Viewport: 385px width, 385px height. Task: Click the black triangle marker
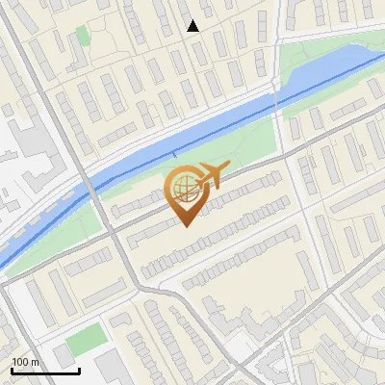(x=192, y=26)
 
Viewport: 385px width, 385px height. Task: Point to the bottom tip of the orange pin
(x=185, y=226)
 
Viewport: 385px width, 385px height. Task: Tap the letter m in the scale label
(x=36, y=362)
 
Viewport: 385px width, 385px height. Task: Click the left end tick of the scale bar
(x=11, y=369)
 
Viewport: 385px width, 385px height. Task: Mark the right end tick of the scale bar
(x=79, y=369)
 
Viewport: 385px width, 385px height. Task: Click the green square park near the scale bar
(x=87, y=338)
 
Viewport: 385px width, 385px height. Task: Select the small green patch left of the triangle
(x=83, y=36)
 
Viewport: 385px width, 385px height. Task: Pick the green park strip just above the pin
(x=231, y=154)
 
